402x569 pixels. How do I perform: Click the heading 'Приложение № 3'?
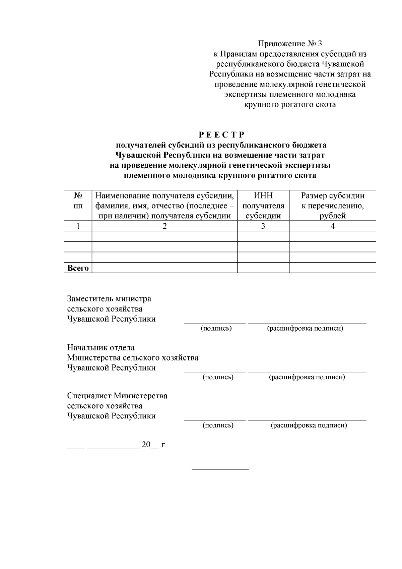pos(290,44)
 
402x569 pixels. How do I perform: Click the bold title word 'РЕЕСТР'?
pos(221,135)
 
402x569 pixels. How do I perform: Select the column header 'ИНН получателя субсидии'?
pos(263,206)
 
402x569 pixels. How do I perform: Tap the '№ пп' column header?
pos(78,201)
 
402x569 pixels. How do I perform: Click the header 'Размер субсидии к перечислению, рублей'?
pos(332,206)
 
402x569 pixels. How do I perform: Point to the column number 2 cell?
pos(164,226)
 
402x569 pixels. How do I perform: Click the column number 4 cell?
pos(332,226)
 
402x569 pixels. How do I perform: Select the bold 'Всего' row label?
pos(78,268)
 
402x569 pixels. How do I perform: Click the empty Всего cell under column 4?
pos(332,268)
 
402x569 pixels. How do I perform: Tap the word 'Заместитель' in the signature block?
pos(90,298)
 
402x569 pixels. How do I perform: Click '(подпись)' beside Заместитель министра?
pos(216,328)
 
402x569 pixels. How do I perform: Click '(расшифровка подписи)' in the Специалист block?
pos(309,425)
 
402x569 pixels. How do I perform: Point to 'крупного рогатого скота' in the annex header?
pos(290,105)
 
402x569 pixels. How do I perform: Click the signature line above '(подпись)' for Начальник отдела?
pos(215,372)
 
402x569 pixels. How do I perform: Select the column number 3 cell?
pos(263,226)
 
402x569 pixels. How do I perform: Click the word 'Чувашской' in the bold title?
pos(138,155)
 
